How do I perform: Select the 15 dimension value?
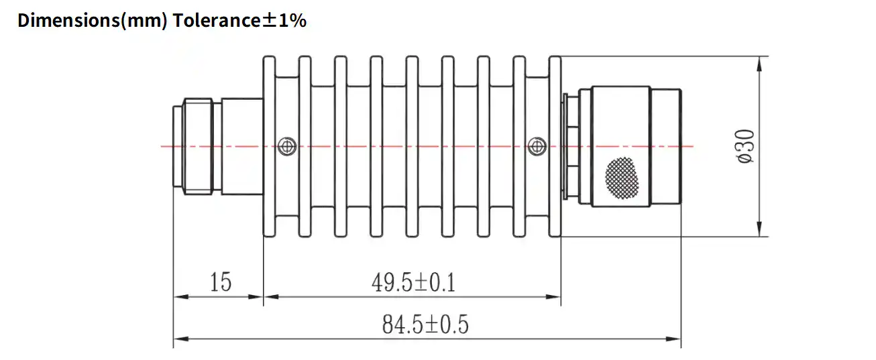219,282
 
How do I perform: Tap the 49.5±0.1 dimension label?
413,283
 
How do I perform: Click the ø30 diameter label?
746,146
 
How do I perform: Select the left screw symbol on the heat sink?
286,145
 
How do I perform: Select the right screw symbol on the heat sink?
536,145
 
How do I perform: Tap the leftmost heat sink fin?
269,146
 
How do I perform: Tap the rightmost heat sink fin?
555,146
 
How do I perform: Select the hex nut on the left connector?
197,146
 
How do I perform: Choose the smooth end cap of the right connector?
667,146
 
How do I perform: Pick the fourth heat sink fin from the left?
376,146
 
